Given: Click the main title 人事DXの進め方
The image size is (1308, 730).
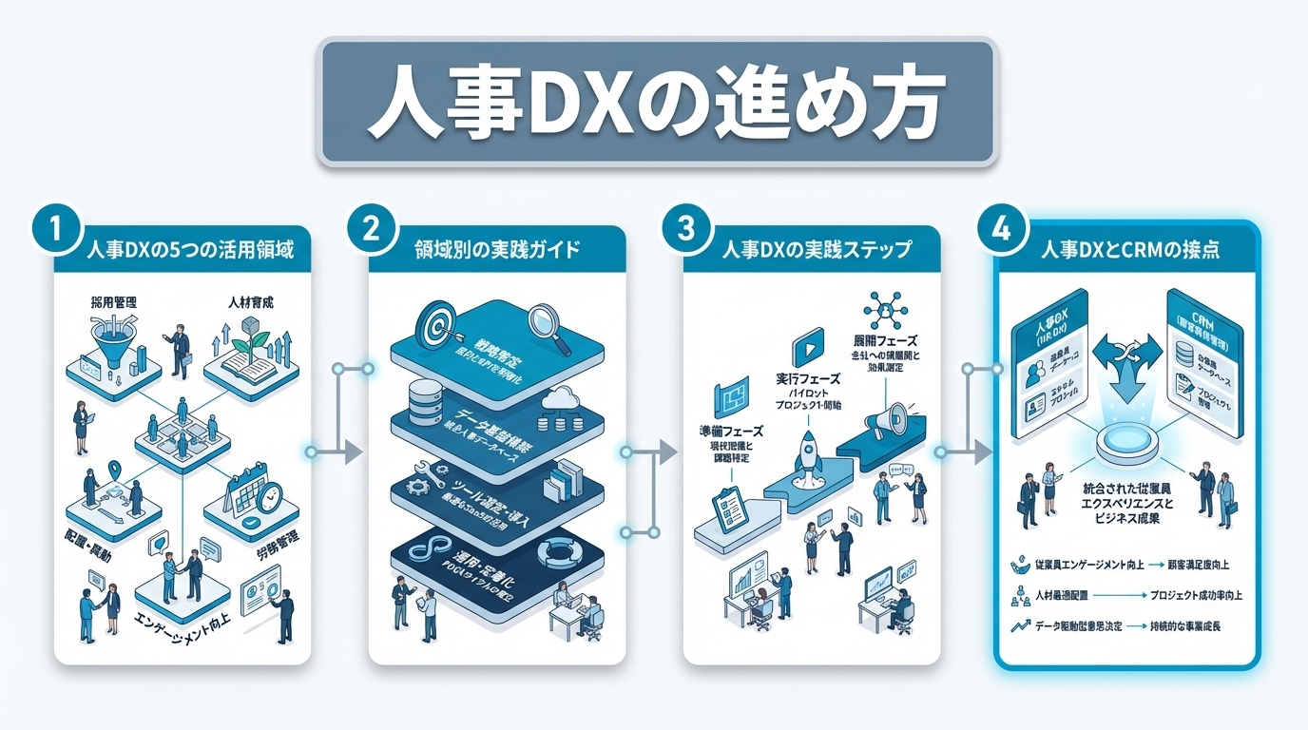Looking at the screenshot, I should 656,102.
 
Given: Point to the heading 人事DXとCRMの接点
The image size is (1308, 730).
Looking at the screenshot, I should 1130,250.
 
